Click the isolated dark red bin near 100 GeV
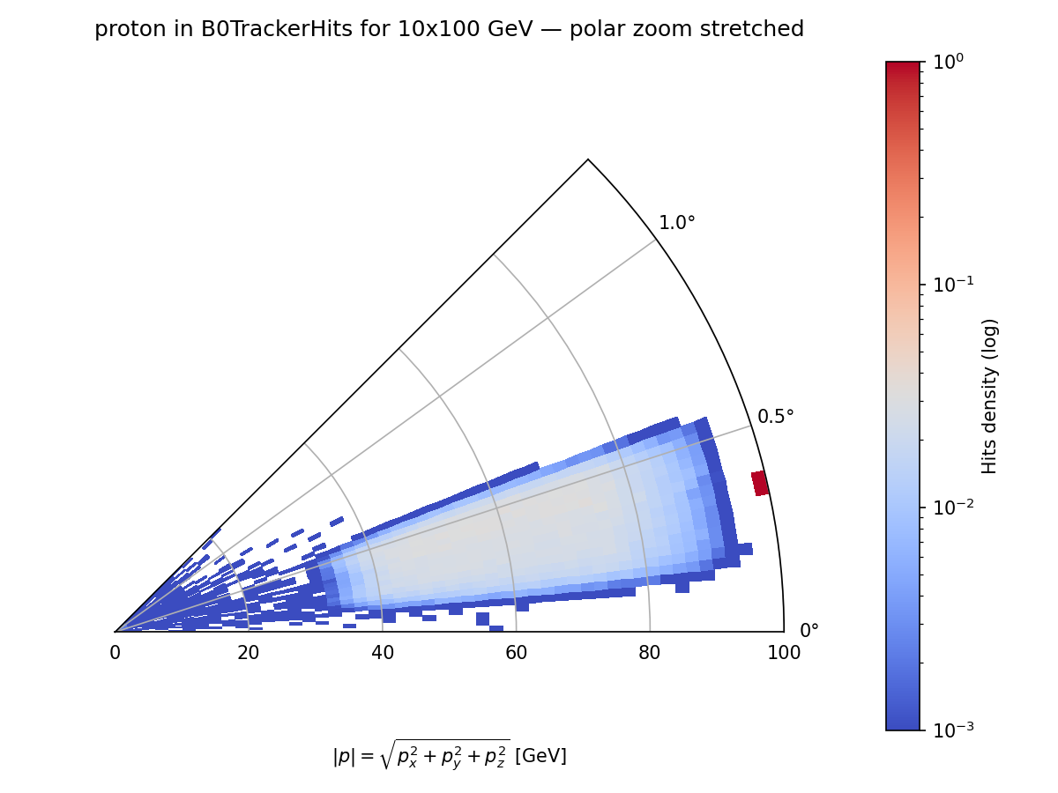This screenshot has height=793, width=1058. tap(760, 483)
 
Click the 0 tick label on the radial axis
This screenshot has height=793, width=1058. tap(115, 653)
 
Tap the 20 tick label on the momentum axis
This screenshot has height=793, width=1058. tap(249, 653)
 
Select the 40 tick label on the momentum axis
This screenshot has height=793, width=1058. tap(382, 653)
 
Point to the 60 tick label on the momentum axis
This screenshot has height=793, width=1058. tap(516, 653)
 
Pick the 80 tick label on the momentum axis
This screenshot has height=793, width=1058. tap(650, 653)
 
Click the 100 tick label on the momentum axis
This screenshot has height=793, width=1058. tap(784, 653)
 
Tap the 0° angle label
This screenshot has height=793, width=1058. tap(808, 631)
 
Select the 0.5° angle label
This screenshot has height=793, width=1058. tap(776, 417)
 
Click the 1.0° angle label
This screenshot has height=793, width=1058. tap(677, 224)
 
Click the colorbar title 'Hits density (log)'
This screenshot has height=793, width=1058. tap(990, 396)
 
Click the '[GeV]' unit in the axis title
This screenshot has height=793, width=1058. tap(540, 756)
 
